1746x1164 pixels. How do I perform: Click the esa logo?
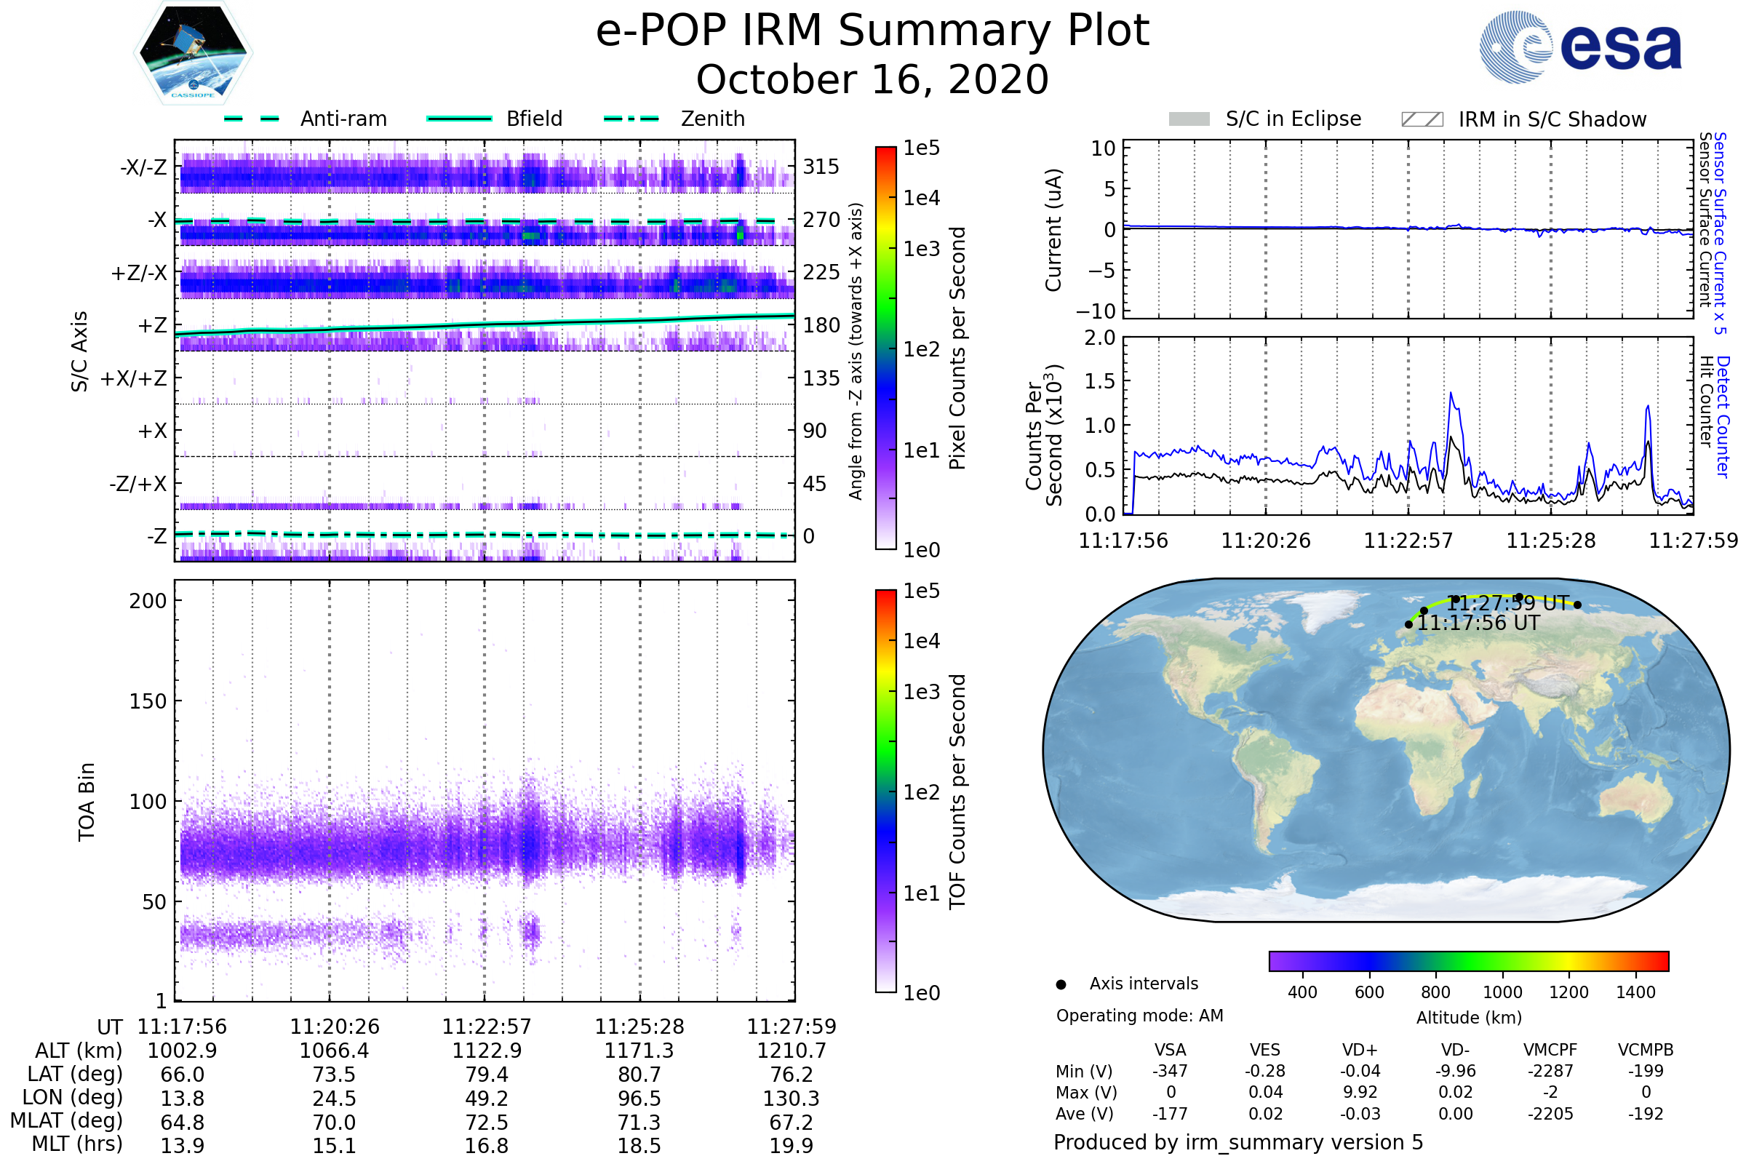[x=1580, y=46]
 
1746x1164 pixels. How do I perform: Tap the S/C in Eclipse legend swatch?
[x=1189, y=119]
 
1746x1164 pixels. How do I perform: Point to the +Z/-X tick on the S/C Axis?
[x=139, y=274]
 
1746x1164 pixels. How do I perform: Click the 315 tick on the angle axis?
[x=821, y=167]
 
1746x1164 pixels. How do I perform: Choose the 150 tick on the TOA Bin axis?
[x=148, y=701]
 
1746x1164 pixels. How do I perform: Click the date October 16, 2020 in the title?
[x=872, y=79]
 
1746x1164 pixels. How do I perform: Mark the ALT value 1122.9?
[x=487, y=1051]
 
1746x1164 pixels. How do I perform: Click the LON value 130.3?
[x=792, y=1099]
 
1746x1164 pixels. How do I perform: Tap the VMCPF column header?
[x=1550, y=1051]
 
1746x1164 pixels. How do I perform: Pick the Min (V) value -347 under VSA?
[x=1170, y=1071]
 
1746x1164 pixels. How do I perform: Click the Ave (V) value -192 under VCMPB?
[x=1646, y=1114]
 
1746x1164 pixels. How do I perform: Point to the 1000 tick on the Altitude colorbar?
[x=1502, y=992]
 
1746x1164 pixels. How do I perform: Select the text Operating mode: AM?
[x=1139, y=1016]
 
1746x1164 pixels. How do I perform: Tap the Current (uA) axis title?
[x=1054, y=230]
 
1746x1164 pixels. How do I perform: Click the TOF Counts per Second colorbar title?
[x=957, y=792]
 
